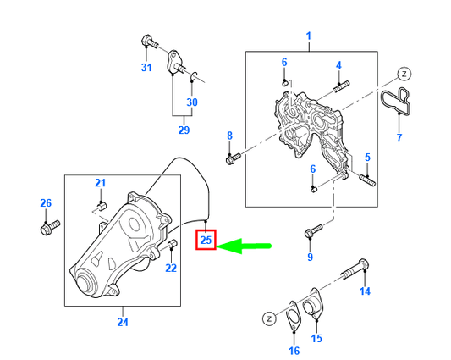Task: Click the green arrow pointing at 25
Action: coord(245,246)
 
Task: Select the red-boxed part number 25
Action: coord(206,241)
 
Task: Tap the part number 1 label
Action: coord(309,36)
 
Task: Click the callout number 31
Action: coord(146,68)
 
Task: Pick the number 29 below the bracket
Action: coord(184,130)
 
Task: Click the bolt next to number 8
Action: coord(234,158)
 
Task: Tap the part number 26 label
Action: coord(47,202)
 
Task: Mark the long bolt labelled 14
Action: coord(355,270)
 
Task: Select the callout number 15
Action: coord(317,339)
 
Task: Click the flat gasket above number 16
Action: coord(294,314)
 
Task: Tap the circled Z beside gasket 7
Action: coord(404,74)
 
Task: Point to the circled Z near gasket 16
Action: coord(267,318)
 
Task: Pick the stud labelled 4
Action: coord(342,85)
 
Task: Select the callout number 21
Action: coord(100,183)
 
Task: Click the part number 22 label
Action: coord(171,268)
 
